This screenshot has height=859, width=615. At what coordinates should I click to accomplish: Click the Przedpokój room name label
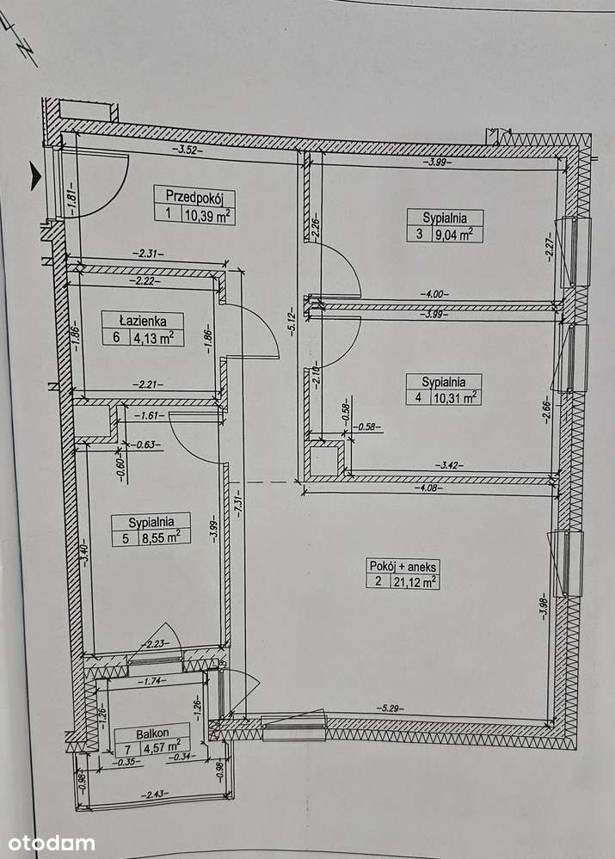pyautogui.click(x=195, y=196)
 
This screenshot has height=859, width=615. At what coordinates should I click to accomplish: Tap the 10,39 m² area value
pyautogui.click(x=207, y=215)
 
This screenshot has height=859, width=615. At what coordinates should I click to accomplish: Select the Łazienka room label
pyautogui.click(x=143, y=321)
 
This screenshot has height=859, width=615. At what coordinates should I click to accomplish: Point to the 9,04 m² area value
pyautogui.click(x=453, y=235)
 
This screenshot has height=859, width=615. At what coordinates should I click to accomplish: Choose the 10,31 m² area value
pyautogui.click(x=457, y=398)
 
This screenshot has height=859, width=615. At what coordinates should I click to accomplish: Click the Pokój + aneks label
pyautogui.click(x=403, y=566)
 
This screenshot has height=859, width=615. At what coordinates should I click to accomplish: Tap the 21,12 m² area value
pyautogui.click(x=415, y=582)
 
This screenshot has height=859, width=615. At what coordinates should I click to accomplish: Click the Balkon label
pyautogui.click(x=152, y=733)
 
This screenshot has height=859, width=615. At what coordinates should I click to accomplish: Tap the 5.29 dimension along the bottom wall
pyautogui.click(x=390, y=708)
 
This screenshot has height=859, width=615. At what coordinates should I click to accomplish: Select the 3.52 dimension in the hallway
pyautogui.click(x=183, y=150)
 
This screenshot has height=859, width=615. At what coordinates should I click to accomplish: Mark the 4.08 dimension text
pyautogui.click(x=426, y=487)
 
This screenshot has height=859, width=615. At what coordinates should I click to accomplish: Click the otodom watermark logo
pyautogui.click(x=51, y=843)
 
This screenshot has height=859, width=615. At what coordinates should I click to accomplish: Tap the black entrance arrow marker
pyautogui.click(x=35, y=176)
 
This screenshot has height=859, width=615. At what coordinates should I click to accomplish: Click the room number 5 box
pyautogui.click(x=126, y=538)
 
